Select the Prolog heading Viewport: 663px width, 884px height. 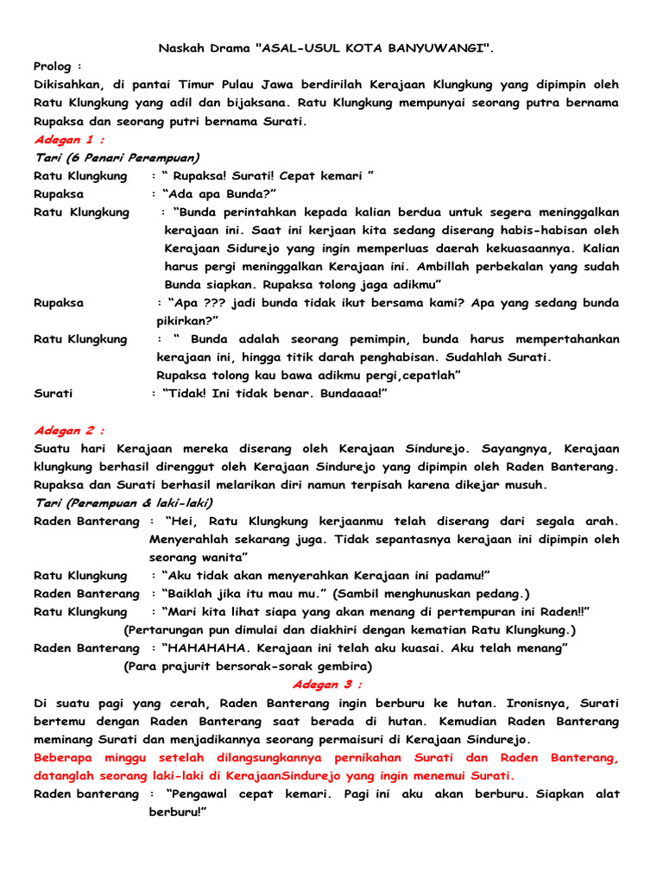coord(58,66)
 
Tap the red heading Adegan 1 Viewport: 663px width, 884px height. coord(70,139)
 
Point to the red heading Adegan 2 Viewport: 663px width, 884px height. coord(70,429)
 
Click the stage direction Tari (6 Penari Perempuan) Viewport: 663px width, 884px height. coord(117,157)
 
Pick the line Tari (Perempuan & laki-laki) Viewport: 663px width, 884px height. coord(123,502)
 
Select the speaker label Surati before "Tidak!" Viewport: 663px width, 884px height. coord(54,393)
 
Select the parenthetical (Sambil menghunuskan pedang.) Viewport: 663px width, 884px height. coord(433,593)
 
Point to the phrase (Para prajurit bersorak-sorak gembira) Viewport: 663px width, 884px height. coord(248,666)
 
